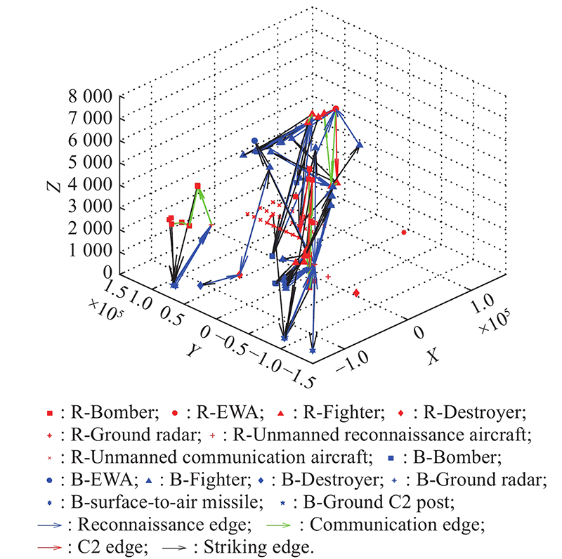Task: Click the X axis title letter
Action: (x=433, y=356)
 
